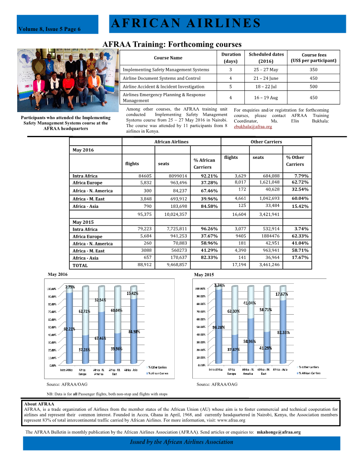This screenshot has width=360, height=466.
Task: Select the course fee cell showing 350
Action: click(313, 70)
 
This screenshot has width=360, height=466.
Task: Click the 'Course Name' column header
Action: click(168, 58)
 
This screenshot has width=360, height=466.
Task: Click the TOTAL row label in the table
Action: click(80, 265)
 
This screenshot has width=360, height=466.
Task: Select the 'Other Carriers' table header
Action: click(266, 142)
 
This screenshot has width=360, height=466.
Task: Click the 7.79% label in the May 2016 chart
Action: click(70, 287)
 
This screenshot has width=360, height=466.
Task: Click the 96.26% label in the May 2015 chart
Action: click(219, 327)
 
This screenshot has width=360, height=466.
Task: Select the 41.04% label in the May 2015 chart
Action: click(250, 303)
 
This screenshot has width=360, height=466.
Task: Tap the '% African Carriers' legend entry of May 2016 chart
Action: click(157, 373)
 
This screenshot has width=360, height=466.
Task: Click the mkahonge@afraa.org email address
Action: click(278, 432)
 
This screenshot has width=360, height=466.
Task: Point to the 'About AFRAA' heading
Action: click(39, 404)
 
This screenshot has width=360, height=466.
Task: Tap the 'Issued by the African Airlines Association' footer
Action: click(181, 442)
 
